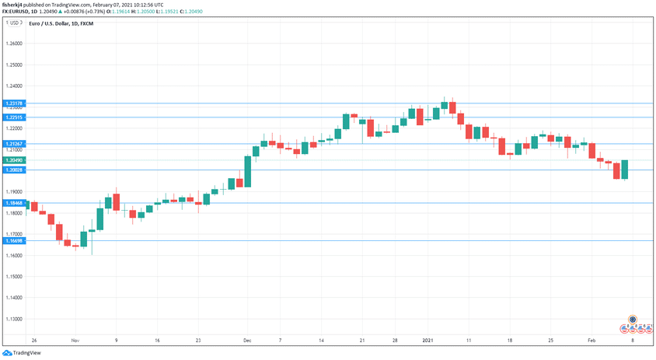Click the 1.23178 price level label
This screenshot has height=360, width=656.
(x=15, y=103)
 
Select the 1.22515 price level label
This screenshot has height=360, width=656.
(x=15, y=117)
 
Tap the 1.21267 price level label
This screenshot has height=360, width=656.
(x=15, y=144)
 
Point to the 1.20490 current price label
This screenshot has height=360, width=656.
(x=15, y=160)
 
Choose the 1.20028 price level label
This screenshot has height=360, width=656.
(x=15, y=170)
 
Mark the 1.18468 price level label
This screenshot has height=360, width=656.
(x=15, y=203)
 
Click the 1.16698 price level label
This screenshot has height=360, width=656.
(x=15, y=241)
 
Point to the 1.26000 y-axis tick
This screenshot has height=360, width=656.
(x=15, y=44)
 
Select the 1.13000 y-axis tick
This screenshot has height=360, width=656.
(x=15, y=319)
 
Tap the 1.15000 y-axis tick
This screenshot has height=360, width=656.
(x=15, y=277)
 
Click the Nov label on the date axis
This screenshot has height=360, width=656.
(x=75, y=341)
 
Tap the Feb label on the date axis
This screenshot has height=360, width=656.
(x=592, y=341)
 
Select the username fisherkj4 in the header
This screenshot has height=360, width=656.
(x=16, y=5)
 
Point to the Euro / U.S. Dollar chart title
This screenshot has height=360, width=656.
(x=61, y=24)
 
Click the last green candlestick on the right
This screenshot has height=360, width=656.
(x=625, y=170)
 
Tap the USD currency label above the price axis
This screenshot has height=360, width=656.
(x=13, y=23)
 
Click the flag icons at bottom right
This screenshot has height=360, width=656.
(x=633, y=327)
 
